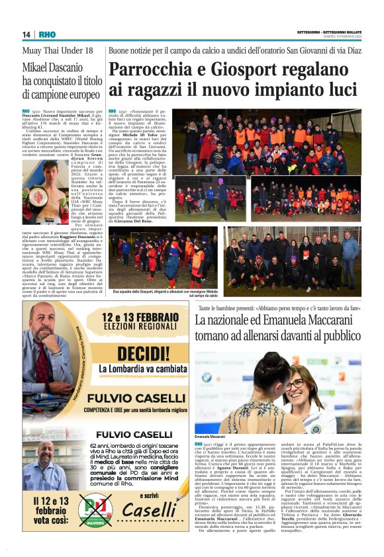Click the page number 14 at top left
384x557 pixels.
[x=26, y=34]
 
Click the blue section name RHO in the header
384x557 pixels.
[x=48, y=34]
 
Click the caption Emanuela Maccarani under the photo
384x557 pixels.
[x=210, y=437]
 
